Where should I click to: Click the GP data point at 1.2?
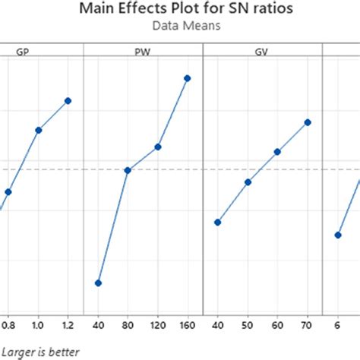(x=68, y=100)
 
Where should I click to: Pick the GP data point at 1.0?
(x=38, y=130)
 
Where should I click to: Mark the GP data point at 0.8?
(x=8, y=192)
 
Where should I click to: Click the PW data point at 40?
(x=97, y=283)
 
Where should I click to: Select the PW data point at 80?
(x=128, y=170)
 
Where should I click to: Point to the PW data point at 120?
(x=158, y=147)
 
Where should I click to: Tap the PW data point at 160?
(x=188, y=78)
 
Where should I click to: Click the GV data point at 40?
(x=217, y=222)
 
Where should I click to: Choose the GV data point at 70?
(x=308, y=122)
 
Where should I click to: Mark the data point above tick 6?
(x=337, y=235)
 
